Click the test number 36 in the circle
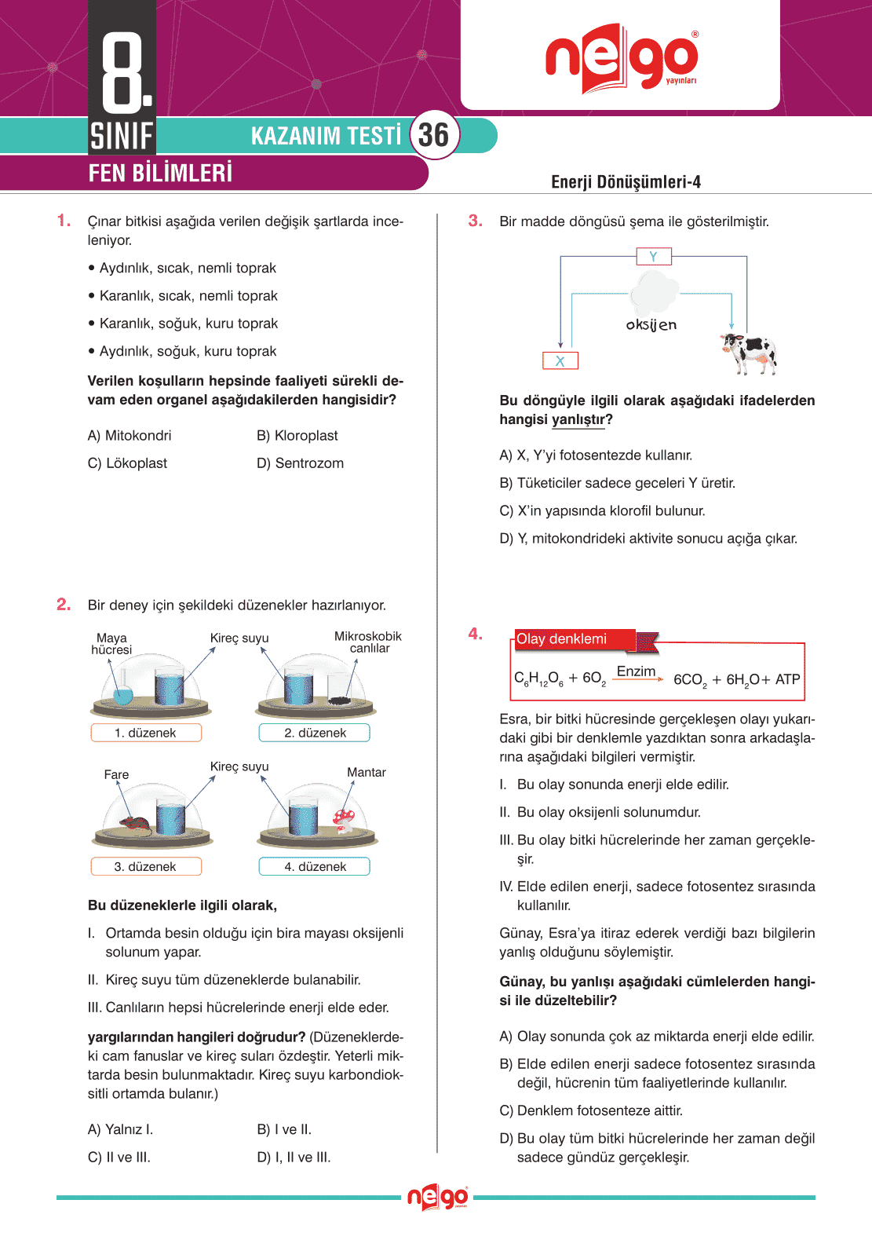433,135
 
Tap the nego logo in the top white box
621,58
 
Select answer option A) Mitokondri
130,436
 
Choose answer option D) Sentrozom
300,463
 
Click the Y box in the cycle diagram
653,256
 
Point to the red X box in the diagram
560,360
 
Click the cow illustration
749,352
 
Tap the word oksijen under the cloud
651,324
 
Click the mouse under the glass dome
134,824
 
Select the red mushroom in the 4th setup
344,819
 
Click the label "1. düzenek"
146,733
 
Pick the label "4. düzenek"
315,866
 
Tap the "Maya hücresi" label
111,644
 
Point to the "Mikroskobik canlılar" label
368,642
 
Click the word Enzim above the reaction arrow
636,671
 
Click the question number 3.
475,221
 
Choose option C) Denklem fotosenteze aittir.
591,1110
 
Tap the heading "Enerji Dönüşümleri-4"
626,182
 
